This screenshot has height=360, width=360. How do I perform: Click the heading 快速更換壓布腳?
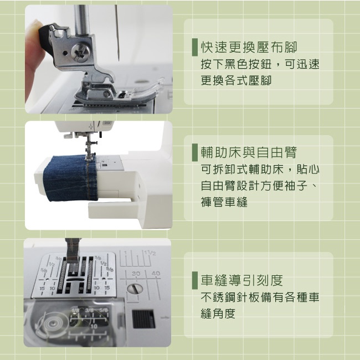(249, 48)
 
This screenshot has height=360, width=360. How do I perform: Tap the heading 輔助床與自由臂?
(249, 152)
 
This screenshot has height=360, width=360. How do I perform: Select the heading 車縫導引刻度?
(242, 280)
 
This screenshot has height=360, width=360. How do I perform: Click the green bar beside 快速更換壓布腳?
(195, 47)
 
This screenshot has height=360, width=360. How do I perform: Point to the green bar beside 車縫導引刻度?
(195, 280)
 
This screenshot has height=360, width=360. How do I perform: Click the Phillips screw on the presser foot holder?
(80, 53)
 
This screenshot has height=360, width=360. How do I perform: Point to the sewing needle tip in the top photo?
(119, 60)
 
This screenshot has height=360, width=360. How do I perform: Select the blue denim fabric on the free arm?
(70, 178)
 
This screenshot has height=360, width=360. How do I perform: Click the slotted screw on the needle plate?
(135, 289)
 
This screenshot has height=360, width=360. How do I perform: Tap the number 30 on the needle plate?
(136, 274)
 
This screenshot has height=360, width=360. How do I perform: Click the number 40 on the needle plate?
(156, 274)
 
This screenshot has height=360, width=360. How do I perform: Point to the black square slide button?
(143, 318)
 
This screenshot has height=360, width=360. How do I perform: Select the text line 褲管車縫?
(224, 202)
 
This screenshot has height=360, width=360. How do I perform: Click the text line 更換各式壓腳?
(236, 81)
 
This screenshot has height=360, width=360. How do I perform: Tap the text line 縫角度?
(218, 313)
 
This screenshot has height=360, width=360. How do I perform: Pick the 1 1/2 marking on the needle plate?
(150, 253)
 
